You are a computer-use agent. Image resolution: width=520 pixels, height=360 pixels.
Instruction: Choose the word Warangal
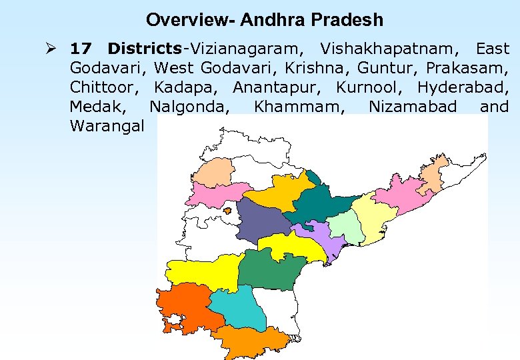point(106,126)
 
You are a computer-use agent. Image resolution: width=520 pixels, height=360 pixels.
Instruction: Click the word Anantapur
point(277,87)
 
